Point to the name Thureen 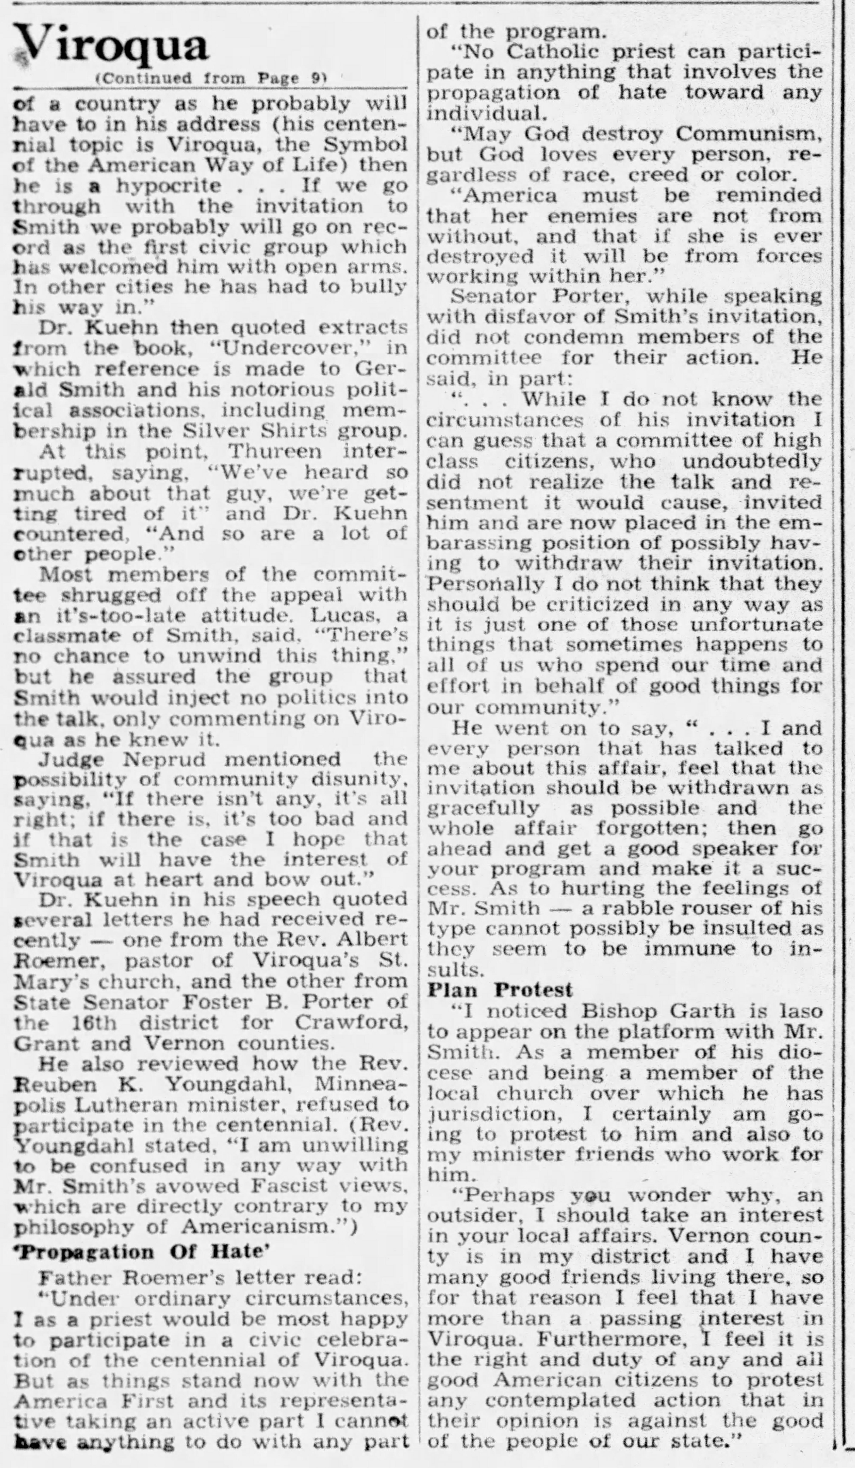[274, 451]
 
